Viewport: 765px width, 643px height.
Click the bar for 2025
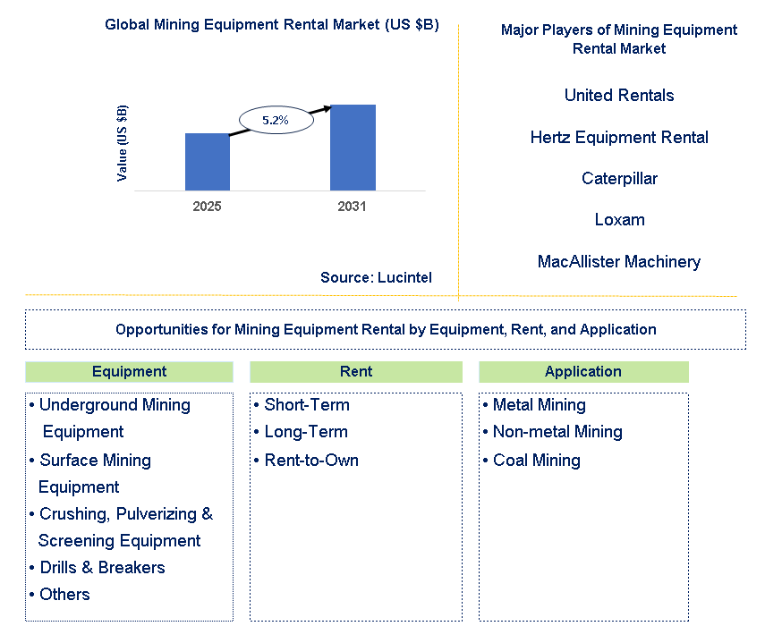(208, 162)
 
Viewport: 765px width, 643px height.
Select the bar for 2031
(353, 148)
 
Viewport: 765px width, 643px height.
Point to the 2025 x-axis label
(207, 206)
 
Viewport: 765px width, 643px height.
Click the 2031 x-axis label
(353, 206)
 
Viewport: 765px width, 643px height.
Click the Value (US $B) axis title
(123, 143)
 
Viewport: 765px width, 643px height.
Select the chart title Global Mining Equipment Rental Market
(272, 24)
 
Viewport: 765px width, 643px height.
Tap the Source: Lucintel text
(376, 278)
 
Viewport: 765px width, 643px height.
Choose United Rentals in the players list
(619, 95)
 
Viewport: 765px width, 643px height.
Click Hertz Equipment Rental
(619, 137)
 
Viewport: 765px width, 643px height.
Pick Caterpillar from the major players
(619, 178)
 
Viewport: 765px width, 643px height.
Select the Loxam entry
(619, 219)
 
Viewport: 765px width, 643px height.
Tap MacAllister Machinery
(619, 261)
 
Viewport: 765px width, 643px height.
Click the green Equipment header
(129, 372)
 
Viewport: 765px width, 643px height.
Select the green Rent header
(356, 372)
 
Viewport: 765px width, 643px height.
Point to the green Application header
(583, 372)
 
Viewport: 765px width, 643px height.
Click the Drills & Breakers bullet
(102, 568)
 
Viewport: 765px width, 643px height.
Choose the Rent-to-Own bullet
(311, 461)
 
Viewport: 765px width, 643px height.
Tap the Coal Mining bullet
(536, 461)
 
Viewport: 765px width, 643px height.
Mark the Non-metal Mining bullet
(557, 432)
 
